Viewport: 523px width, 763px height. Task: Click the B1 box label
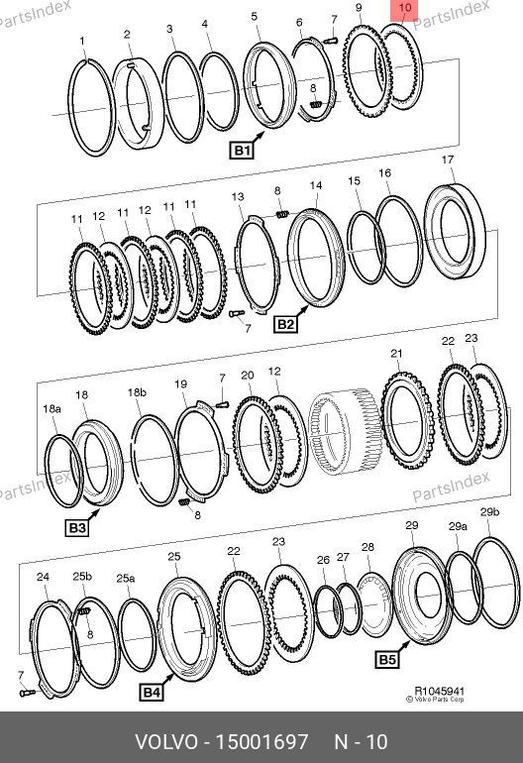(242, 150)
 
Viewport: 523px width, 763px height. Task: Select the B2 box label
(285, 324)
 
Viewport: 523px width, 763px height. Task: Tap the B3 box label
(77, 528)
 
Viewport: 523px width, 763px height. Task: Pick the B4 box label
(151, 692)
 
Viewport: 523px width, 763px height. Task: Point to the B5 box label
(387, 659)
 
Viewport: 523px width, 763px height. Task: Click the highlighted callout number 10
(404, 8)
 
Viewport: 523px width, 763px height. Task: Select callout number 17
(448, 160)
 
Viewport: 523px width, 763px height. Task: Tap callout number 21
(396, 354)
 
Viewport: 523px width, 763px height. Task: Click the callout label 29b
(489, 512)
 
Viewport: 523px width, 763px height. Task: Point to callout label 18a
(52, 408)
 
